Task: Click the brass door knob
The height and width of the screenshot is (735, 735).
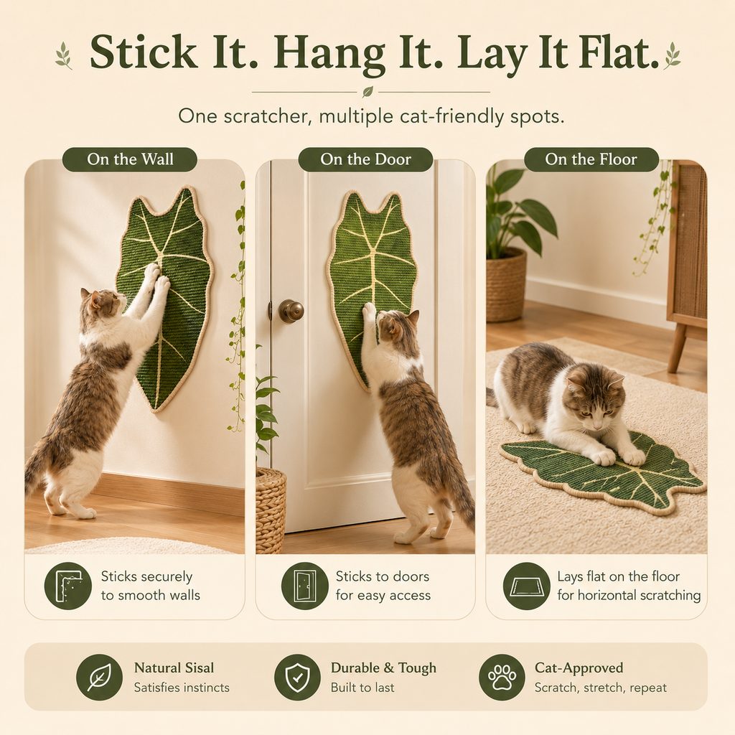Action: [x=291, y=310]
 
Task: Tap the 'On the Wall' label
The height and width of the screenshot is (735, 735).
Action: [x=130, y=159]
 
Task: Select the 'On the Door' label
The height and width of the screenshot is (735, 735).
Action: [x=365, y=159]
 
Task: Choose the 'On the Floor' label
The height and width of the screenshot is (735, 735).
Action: [x=591, y=159]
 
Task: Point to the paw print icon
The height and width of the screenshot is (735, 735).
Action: [x=502, y=678]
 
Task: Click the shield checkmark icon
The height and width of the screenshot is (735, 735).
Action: [x=297, y=678]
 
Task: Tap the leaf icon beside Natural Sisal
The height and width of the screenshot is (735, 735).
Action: [x=99, y=678]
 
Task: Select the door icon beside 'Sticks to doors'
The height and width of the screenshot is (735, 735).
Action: [x=304, y=586]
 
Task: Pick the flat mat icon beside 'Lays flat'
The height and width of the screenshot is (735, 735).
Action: [x=526, y=586]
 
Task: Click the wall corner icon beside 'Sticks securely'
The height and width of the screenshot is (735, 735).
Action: [x=68, y=586]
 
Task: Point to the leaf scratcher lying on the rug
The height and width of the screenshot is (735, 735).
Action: [x=602, y=477]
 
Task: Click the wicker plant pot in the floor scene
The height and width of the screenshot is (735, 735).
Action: [x=506, y=285]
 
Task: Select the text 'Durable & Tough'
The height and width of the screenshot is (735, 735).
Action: [x=383, y=668]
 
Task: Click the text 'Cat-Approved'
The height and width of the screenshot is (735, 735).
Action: [x=579, y=668]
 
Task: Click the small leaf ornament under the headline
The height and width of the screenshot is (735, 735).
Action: [x=368, y=91]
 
